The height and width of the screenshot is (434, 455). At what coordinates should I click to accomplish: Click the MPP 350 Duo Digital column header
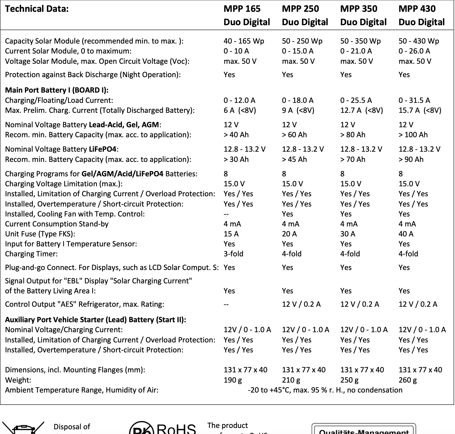click(x=363, y=15)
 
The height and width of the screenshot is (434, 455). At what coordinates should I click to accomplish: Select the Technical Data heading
click(x=37, y=9)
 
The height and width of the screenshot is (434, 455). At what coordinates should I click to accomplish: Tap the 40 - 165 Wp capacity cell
click(x=244, y=41)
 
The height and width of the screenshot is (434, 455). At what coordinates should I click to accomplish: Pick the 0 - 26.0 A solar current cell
click(x=414, y=51)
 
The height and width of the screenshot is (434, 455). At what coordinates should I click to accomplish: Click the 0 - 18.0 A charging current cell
click(x=297, y=100)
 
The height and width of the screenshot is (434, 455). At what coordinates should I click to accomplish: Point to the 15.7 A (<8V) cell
click(x=420, y=110)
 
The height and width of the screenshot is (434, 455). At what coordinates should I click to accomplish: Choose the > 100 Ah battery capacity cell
click(x=413, y=135)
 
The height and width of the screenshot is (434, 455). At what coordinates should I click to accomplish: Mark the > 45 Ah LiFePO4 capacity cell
click(x=294, y=159)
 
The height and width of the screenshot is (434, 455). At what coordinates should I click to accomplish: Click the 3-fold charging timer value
click(x=233, y=254)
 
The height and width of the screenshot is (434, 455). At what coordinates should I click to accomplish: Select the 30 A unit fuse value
click(x=348, y=234)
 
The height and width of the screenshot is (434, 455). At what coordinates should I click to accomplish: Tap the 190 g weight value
click(x=232, y=380)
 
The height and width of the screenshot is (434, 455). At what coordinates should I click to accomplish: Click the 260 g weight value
click(x=407, y=380)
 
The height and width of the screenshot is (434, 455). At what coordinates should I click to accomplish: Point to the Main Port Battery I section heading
click(x=57, y=90)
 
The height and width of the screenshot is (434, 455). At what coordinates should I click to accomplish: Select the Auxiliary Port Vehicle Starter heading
click(x=96, y=320)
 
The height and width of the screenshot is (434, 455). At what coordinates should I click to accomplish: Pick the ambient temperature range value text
click(x=325, y=390)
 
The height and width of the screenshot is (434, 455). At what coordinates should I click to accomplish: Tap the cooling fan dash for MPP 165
click(x=226, y=214)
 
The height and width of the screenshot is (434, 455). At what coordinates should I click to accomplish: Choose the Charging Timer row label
click(x=31, y=254)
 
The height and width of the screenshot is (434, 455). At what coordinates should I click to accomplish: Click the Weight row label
click(x=18, y=380)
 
